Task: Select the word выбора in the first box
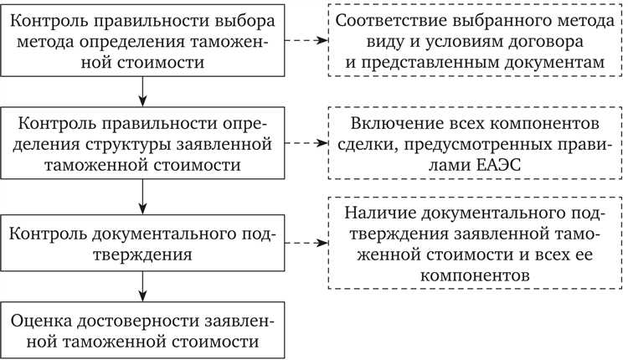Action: point(242,18)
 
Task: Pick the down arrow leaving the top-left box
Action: point(145,90)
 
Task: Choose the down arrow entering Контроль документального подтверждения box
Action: point(145,196)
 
